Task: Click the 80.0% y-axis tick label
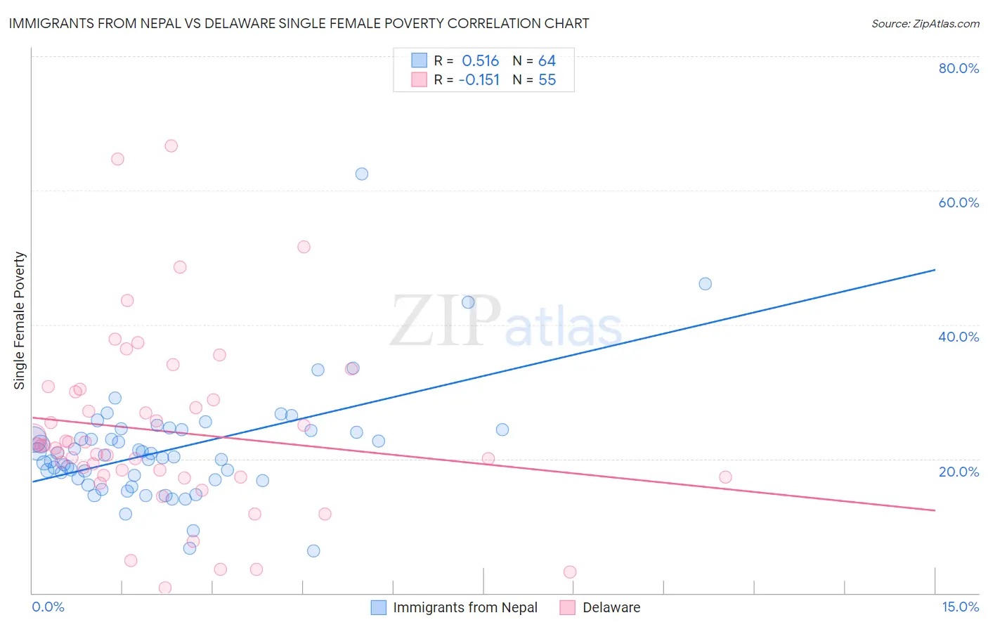(958, 68)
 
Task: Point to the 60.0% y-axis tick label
(958, 202)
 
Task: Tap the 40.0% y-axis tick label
(958, 337)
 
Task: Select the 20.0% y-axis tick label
(958, 472)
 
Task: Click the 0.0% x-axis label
(48, 607)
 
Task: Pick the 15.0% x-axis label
(960, 607)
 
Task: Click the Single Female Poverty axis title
(20, 321)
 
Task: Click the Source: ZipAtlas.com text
(925, 23)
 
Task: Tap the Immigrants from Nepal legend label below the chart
(465, 608)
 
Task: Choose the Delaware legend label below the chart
(611, 608)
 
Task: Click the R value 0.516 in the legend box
(480, 61)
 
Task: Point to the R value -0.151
(479, 80)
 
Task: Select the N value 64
(547, 61)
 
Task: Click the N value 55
(547, 80)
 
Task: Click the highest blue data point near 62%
(362, 174)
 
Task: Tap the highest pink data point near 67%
(171, 146)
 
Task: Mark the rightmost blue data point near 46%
(706, 284)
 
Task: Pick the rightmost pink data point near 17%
(726, 477)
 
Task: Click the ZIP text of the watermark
(446, 321)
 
